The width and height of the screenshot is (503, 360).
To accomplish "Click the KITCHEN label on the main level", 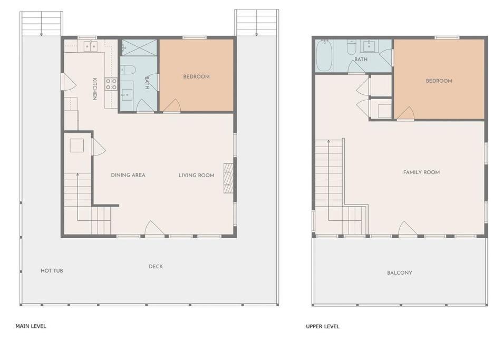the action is pyautogui.click(x=94, y=89).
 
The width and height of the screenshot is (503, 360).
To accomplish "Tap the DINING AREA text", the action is pyautogui.click(x=128, y=175).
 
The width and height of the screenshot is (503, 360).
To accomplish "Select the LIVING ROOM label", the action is pyautogui.click(x=196, y=175).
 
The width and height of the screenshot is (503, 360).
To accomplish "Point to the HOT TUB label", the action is pyautogui.click(x=52, y=270).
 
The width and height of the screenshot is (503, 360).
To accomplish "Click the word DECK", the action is pyautogui.click(x=156, y=266).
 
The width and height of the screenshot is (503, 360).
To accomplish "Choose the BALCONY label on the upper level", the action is pyautogui.click(x=399, y=273).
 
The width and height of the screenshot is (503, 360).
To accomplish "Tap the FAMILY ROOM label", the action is pyautogui.click(x=421, y=172).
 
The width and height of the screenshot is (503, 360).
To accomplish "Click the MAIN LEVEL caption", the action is pyautogui.click(x=31, y=326).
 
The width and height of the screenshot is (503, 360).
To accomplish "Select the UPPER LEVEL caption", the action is pyautogui.click(x=322, y=326).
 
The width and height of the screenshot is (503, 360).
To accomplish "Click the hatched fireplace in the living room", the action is pyautogui.click(x=228, y=178).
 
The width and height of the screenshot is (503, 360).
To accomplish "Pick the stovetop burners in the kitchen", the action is pyautogui.click(x=111, y=84).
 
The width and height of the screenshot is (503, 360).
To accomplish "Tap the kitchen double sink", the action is pyautogui.click(x=91, y=46).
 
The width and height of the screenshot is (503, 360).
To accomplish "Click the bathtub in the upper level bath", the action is pyautogui.click(x=324, y=56).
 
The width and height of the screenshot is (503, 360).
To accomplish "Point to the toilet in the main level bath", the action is pyautogui.click(x=128, y=70).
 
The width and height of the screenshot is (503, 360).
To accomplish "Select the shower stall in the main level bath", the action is pyautogui.click(x=139, y=47).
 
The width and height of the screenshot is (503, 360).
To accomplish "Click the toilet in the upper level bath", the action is pyautogui.click(x=352, y=47).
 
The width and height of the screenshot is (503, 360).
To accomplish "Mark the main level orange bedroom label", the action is pyautogui.click(x=196, y=76).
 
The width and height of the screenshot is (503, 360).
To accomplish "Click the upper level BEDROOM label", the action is pyautogui.click(x=439, y=81).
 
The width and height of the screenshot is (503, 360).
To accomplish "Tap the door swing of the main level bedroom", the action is pyautogui.click(x=172, y=106).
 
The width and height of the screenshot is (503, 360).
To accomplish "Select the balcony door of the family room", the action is pyautogui.click(x=408, y=229).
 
